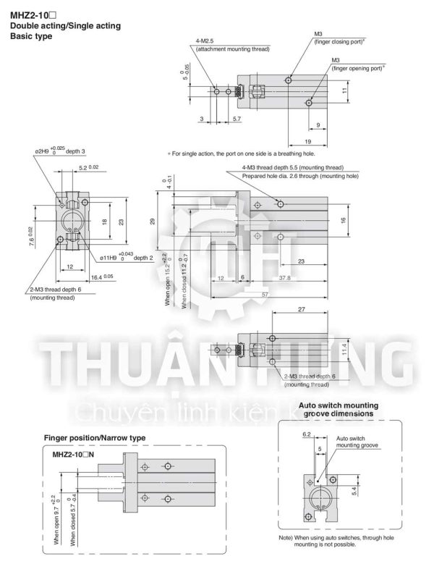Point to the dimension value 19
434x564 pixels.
308,141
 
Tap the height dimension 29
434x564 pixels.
153,221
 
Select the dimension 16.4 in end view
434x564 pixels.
102,277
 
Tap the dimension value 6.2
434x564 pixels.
306,434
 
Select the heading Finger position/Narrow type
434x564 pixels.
95,438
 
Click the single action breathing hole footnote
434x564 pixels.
242,153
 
